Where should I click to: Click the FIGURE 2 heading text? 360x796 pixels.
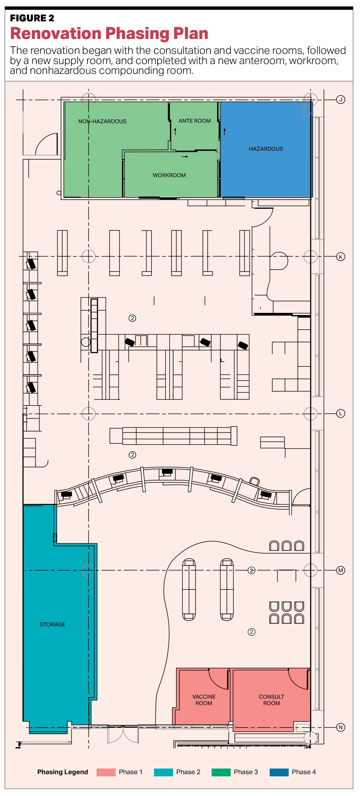pyautogui.click(x=32, y=18)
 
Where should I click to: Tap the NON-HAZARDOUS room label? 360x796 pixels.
pyautogui.click(x=102, y=121)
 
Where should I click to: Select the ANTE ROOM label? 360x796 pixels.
pyautogui.click(x=195, y=121)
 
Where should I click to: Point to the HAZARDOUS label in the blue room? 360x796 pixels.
pyautogui.click(x=266, y=149)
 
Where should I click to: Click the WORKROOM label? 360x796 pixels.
pyautogui.click(x=169, y=175)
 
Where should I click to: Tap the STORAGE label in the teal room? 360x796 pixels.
pyautogui.click(x=52, y=624)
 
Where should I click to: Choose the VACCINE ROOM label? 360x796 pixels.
pyautogui.click(x=204, y=700)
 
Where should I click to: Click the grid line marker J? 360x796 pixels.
pyautogui.click(x=341, y=99)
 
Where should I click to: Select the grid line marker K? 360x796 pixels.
pyautogui.click(x=341, y=257)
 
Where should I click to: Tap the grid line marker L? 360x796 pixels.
pyautogui.click(x=341, y=413)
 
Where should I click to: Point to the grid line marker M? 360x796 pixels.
pyautogui.click(x=341, y=570)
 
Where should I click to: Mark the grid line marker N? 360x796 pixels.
pyautogui.click(x=341, y=727)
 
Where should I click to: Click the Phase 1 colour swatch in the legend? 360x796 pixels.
pyautogui.click(x=106, y=772)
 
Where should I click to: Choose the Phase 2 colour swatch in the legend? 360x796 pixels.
pyautogui.click(x=163, y=772)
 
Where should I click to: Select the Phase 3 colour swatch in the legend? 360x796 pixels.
pyautogui.click(x=221, y=772)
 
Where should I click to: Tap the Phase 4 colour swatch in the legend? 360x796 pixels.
pyautogui.click(x=279, y=772)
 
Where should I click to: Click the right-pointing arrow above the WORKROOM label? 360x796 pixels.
pyautogui.click(x=185, y=157)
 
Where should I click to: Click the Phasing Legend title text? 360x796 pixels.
pyautogui.click(x=63, y=772)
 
